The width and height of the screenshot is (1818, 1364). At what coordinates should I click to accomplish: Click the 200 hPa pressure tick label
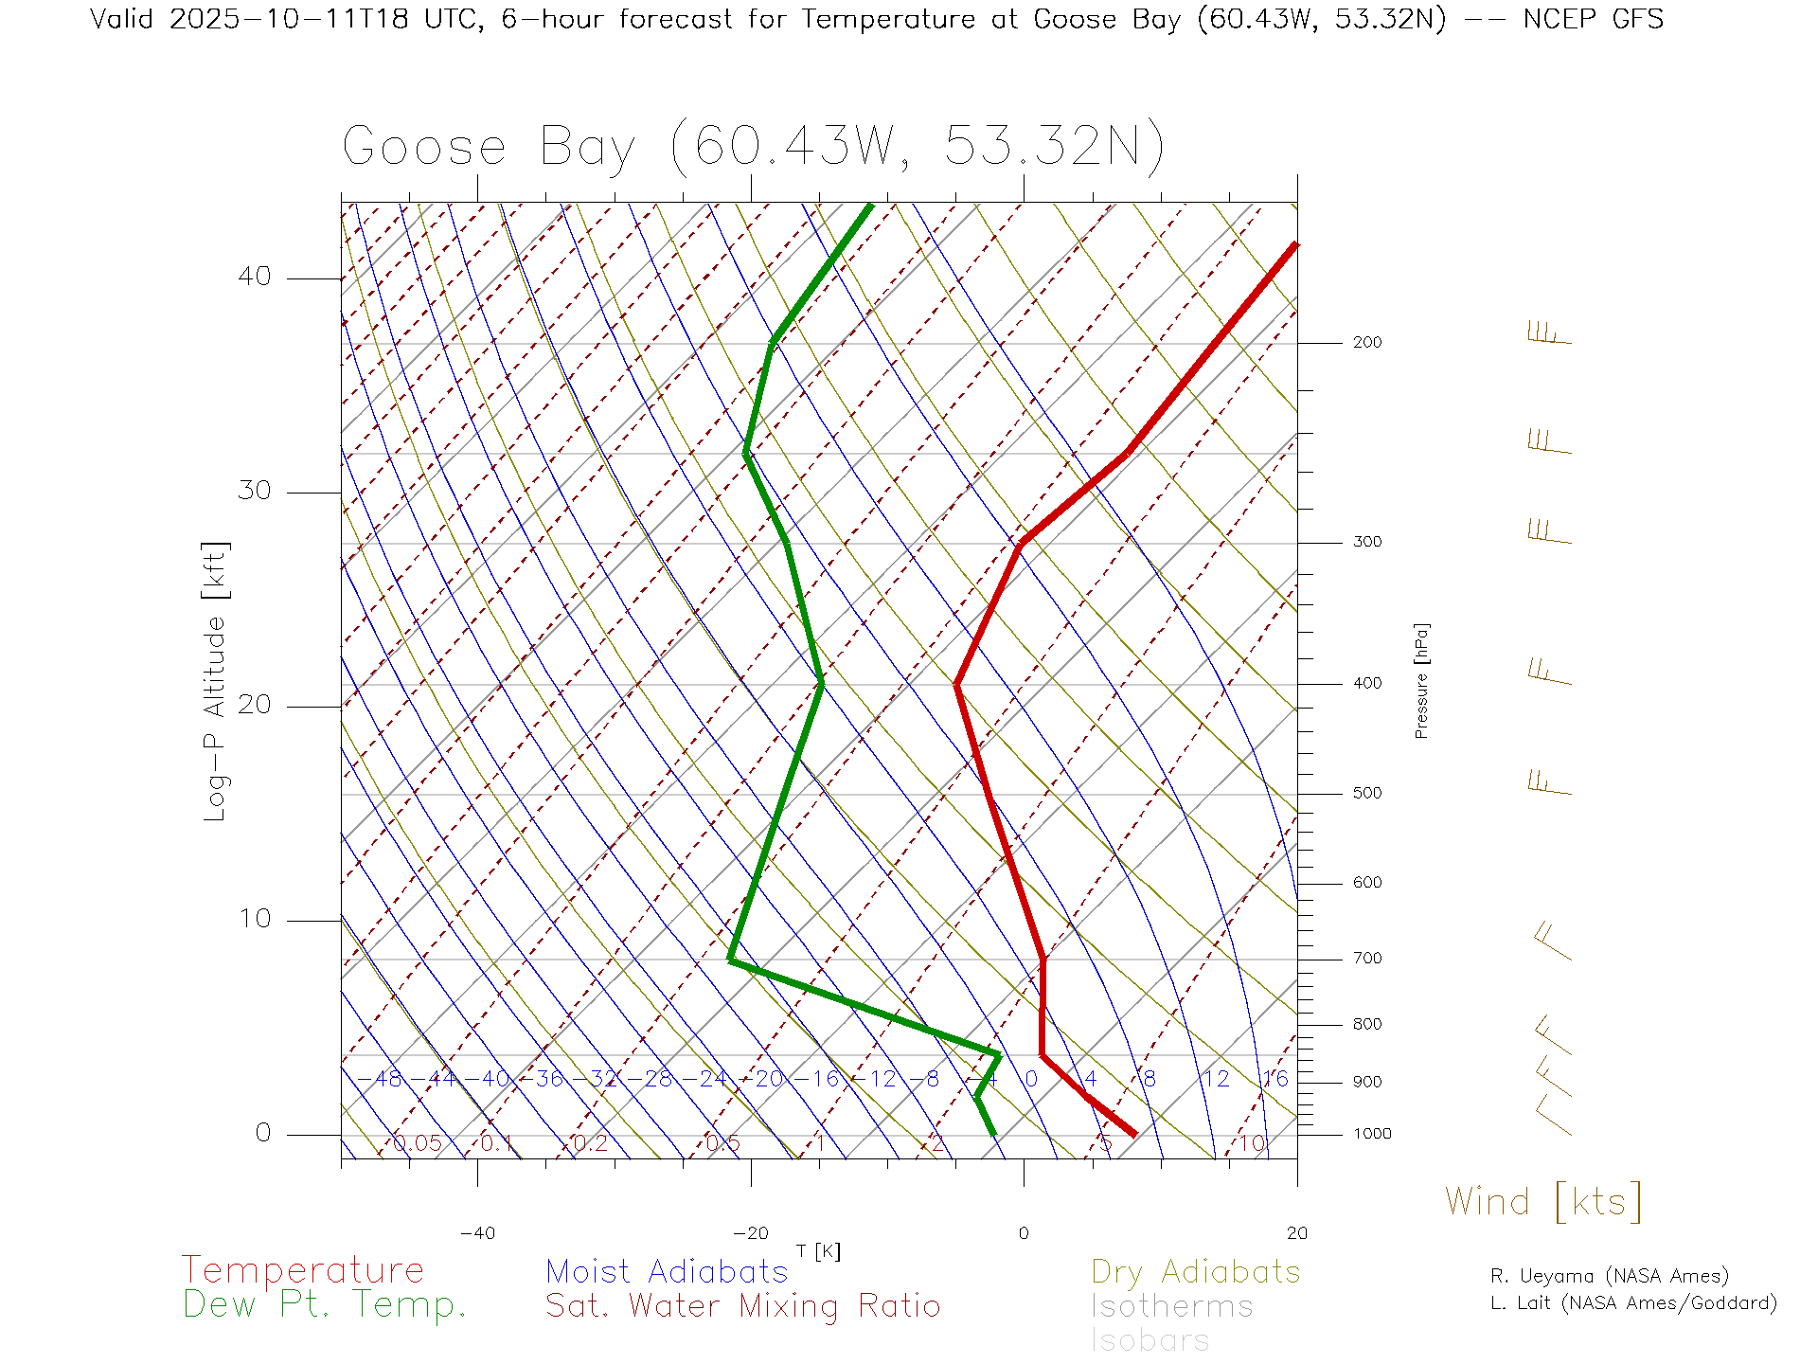(x=1366, y=343)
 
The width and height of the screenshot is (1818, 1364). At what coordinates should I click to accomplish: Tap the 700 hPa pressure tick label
(x=1366, y=959)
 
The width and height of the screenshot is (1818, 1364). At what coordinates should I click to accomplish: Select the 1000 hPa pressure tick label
(x=1371, y=1134)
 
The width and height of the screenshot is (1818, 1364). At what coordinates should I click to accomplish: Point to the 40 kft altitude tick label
(x=254, y=277)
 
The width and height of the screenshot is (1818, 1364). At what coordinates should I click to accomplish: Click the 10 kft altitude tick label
(x=254, y=919)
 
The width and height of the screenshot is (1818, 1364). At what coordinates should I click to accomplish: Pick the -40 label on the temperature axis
(x=477, y=1233)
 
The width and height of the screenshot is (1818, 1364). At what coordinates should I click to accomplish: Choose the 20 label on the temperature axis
(x=1296, y=1233)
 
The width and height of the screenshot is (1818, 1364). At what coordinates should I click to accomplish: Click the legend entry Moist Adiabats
(x=667, y=1272)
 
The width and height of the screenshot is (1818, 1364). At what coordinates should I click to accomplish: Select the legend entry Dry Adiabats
(x=1195, y=1272)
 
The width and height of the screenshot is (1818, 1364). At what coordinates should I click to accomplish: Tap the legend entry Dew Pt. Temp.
(x=324, y=1305)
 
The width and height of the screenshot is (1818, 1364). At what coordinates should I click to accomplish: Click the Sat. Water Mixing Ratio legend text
(x=742, y=1306)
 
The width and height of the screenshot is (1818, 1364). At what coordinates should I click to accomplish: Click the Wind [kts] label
(x=1542, y=1202)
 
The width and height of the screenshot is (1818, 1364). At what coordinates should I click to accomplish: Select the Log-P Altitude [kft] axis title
(x=216, y=682)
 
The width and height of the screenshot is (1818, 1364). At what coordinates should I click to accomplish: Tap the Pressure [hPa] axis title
(x=1421, y=680)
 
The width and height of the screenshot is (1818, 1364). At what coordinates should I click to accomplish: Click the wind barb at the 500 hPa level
(x=1549, y=783)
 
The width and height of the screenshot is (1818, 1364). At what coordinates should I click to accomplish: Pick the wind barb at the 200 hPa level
(x=1549, y=333)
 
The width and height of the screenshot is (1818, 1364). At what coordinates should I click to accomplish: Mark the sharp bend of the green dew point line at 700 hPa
(x=731, y=960)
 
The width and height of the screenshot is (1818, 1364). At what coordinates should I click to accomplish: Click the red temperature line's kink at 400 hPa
(x=957, y=684)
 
